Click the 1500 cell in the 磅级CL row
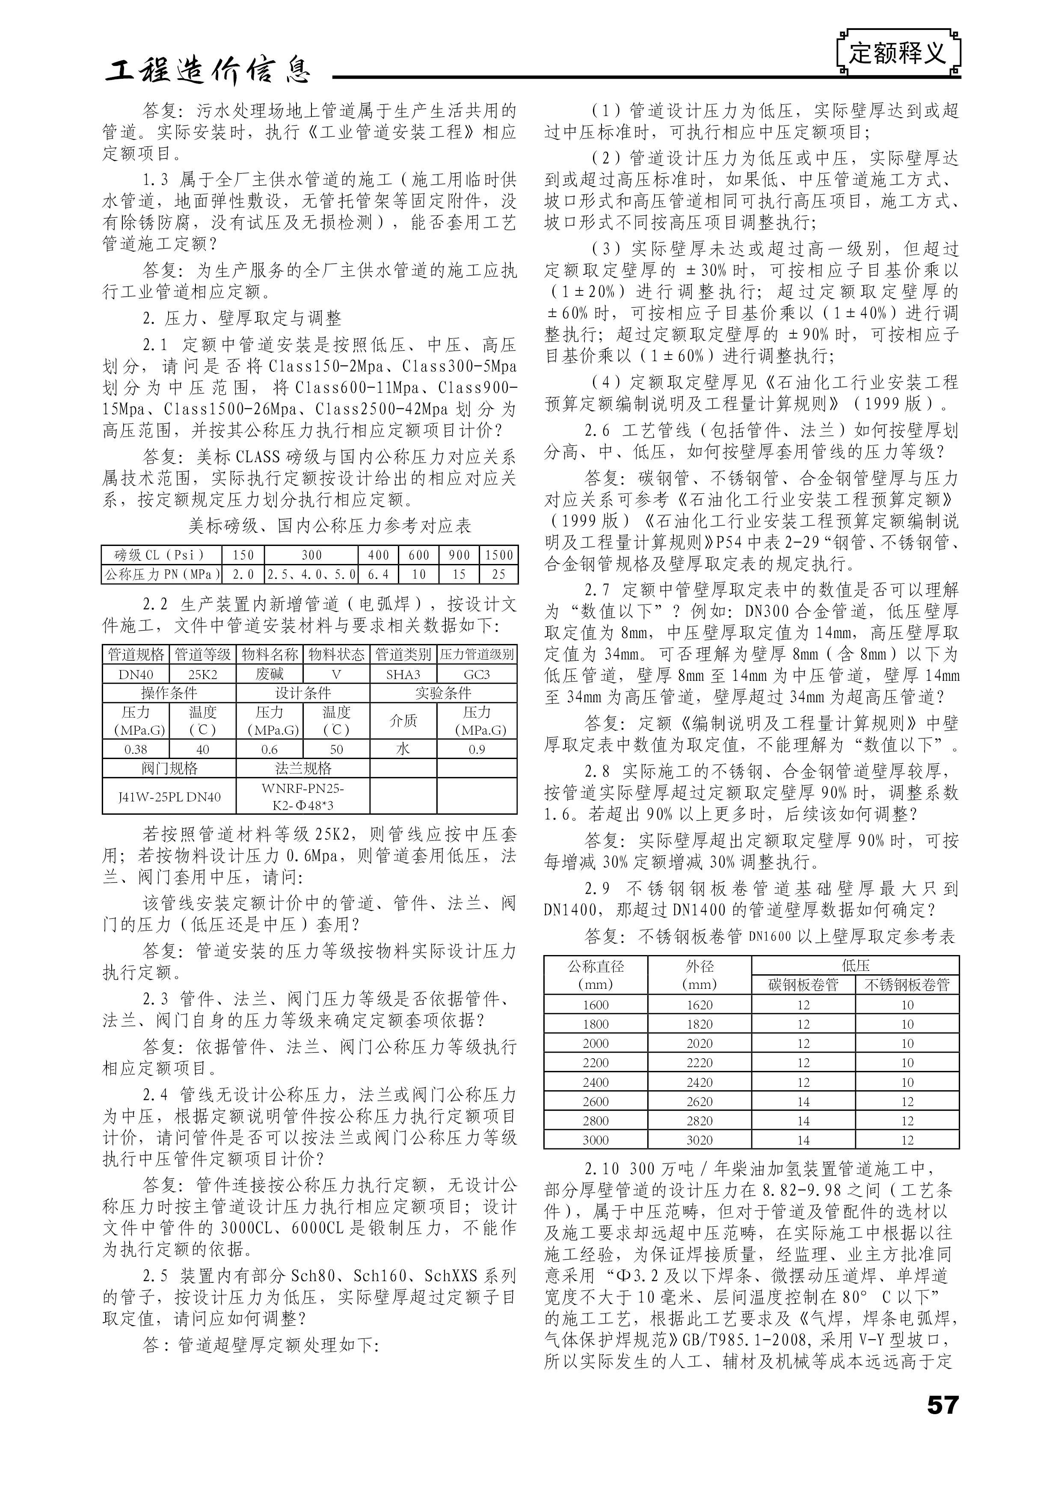[499, 555]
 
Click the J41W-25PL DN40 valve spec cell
[169, 797]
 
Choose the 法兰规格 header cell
[302, 768]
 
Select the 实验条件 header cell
[443, 693]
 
